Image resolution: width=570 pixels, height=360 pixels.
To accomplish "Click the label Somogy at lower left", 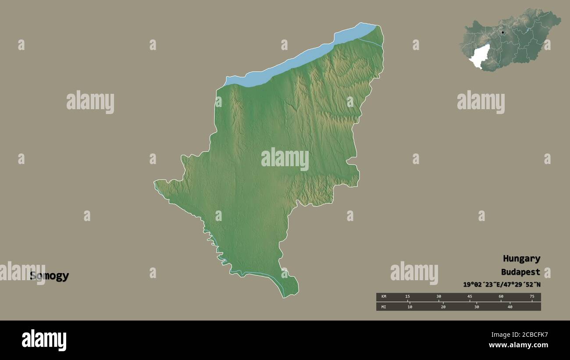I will (49, 276).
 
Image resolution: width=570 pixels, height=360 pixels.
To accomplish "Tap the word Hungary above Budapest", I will (521, 259).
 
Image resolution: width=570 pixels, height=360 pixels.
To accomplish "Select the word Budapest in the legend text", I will (520, 272).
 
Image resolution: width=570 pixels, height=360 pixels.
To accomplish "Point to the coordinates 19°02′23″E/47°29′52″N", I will (502, 285).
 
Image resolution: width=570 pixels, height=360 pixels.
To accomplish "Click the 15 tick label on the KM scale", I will (407, 297).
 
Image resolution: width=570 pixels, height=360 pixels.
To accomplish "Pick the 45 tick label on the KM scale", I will (470, 297).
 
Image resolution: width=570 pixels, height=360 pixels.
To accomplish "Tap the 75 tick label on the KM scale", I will (532, 297).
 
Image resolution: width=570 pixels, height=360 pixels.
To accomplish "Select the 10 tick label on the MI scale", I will (410, 307).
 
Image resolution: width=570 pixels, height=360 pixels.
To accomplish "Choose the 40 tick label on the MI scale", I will (510, 307).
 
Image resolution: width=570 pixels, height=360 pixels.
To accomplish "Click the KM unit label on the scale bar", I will (384, 297).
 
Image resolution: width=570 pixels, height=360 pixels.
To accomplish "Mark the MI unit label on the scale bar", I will (384, 307).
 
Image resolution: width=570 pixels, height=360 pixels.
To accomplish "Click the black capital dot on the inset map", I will (503, 32).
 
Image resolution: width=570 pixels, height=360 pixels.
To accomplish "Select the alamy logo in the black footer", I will (44, 340).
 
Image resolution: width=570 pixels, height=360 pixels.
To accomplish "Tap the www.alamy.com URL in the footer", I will (516, 346).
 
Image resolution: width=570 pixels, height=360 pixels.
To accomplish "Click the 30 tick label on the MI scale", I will (477, 307).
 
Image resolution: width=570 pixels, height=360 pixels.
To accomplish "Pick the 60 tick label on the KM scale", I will (501, 297).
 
